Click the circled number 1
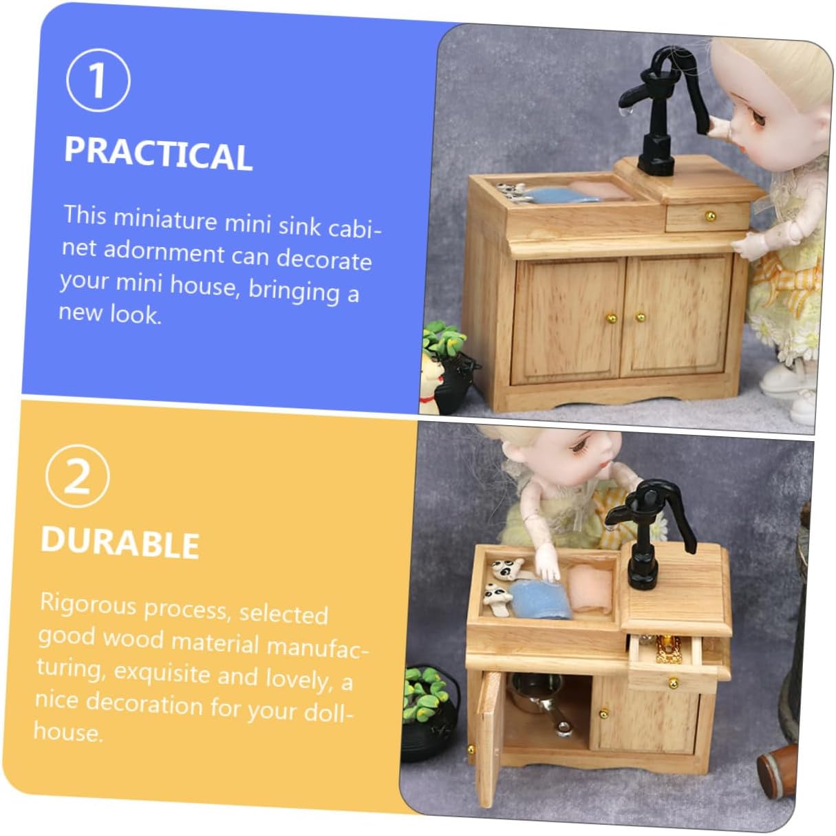click(x=98, y=81)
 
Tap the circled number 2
click(x=77, y=476)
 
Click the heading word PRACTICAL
click(x=158, y=153)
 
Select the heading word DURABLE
click(x=120, y=542)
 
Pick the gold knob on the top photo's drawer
click(x=710, y=215)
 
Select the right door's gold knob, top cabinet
click(x=641, y=317)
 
